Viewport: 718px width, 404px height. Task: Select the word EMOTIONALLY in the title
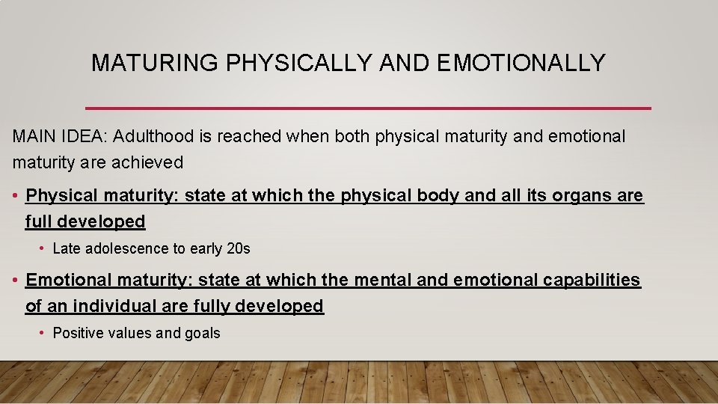pyautogui.click(x=521, y=63)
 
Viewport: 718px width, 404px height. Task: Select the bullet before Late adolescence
pyautogui.click(x=43, y=248)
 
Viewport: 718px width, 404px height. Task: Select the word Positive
pyautogui.click(x=79, y=333)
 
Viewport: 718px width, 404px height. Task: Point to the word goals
pyautogui.click(x=203, y=334)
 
